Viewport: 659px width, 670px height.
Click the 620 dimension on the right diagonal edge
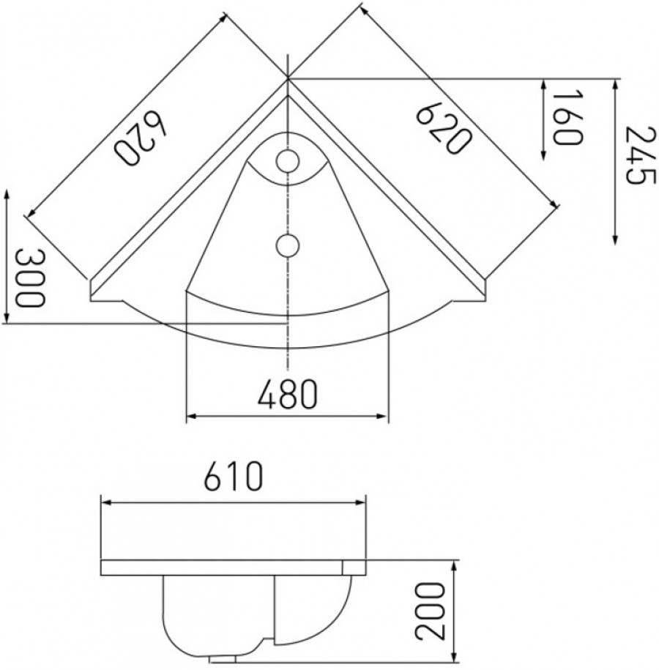coord(443,128)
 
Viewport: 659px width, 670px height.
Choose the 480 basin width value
coord(287,395)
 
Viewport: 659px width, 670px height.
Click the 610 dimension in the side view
coord(232,478)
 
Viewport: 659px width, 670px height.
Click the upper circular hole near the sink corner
coord(288,160)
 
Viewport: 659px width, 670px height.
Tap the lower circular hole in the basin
coord(288,243)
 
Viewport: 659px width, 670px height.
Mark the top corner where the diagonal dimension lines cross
coord(288,77)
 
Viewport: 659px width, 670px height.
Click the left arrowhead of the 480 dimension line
coord(190,417)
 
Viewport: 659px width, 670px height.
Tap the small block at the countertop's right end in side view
coord(354,567)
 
